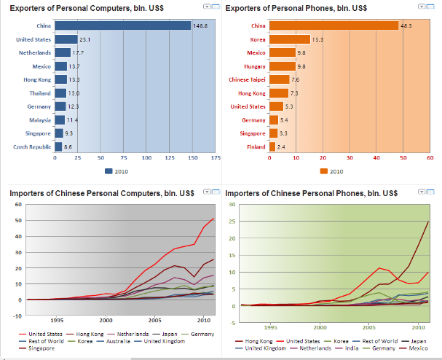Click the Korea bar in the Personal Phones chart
289,39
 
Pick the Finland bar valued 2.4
272,147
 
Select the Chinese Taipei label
248,79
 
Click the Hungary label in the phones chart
255,66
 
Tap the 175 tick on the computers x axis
216,157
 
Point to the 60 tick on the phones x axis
430,157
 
